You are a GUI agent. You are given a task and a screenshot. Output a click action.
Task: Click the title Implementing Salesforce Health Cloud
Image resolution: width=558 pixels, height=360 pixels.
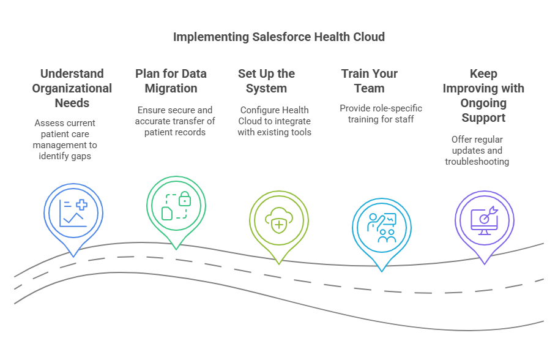point(278,37)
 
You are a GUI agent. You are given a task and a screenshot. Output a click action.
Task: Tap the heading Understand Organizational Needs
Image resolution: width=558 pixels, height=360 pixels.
point(72,88)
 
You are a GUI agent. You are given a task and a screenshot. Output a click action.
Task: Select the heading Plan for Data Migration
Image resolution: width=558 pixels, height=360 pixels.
point(171,81)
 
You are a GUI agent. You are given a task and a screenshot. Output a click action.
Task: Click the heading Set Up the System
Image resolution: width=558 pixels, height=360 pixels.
point(266,81)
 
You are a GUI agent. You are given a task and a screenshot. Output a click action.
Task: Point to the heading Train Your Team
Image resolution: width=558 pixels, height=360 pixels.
point(369,81)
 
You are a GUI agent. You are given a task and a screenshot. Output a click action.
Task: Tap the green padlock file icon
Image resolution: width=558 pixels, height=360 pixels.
point(176,206)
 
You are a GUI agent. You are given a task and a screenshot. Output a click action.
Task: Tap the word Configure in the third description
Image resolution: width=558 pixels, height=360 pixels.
point(259,110)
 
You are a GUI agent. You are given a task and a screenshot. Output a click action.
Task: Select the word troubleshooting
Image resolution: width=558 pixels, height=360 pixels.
point(477,162)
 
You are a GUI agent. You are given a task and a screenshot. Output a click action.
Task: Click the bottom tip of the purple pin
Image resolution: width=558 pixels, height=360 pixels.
point(484,263)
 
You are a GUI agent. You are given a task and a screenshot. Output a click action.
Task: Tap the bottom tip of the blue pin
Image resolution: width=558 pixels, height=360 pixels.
point(73,256)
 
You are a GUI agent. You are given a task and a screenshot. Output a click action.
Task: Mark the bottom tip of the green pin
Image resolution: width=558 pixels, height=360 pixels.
point(176,249)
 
